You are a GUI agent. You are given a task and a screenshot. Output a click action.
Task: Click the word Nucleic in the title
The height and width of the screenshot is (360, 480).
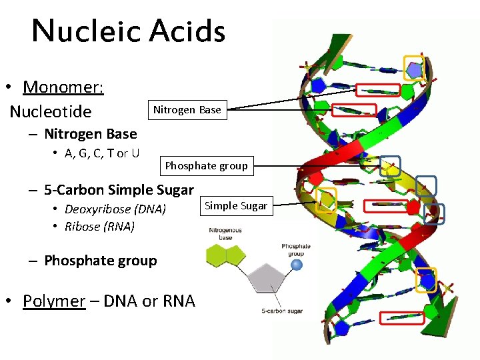[86, 31]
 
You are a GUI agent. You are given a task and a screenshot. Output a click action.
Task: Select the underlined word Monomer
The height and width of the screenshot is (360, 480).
[63, 87]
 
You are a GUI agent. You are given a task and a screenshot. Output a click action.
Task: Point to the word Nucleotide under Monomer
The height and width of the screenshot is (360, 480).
[51, 111]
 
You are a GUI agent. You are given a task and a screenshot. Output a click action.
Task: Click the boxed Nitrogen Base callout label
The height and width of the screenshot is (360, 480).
[187, 109]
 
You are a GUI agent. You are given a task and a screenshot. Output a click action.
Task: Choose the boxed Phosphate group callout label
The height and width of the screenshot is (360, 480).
[206, 165]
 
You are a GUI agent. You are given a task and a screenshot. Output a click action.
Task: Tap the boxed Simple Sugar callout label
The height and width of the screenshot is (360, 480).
[235, 205]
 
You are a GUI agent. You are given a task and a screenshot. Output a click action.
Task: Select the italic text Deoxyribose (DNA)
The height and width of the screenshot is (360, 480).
[115, 209]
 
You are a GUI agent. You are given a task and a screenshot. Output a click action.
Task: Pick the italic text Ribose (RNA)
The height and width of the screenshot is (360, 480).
[99, 226]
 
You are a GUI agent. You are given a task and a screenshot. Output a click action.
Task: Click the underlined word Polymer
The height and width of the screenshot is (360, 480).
[54, 301]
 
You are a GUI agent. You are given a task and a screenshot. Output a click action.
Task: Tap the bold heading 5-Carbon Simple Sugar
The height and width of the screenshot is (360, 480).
[119, 189]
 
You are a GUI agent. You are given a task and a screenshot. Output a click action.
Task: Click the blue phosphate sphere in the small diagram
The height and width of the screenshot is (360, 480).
[297, 265]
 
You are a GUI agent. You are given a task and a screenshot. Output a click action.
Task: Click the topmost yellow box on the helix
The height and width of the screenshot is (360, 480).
[415, 67]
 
